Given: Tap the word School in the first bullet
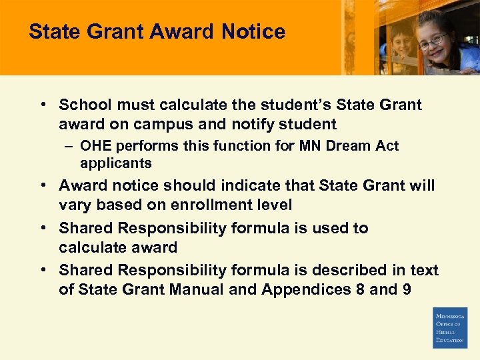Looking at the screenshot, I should [82, 105].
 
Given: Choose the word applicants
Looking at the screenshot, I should [115, 163].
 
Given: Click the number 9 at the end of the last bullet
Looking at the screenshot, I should [406, 289].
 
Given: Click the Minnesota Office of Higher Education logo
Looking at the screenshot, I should [450, 327].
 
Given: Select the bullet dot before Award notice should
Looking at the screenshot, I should [43, 185].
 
